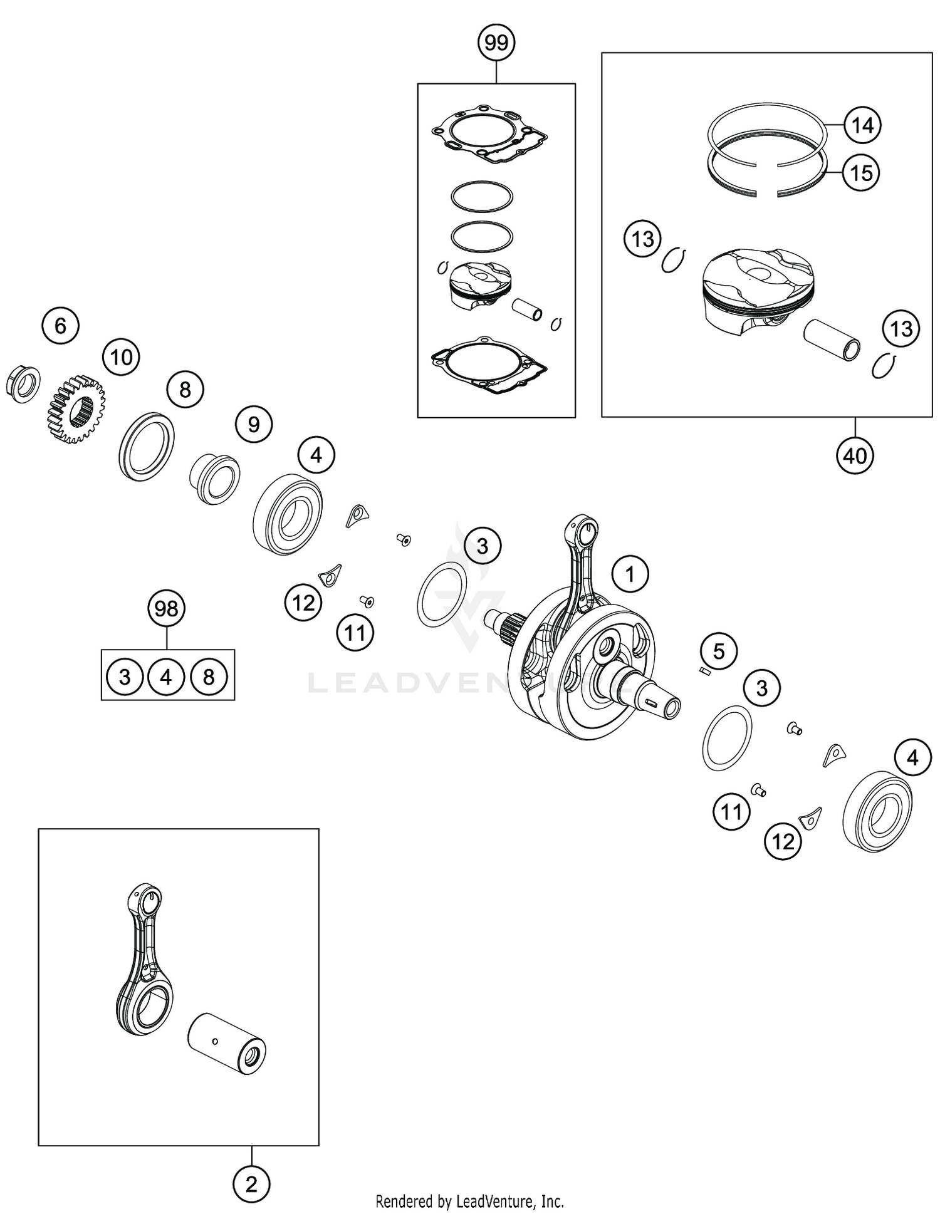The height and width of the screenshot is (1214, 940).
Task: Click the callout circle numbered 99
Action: [x=496, y=43]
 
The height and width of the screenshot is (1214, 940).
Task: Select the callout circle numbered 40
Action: [x=855, y=455]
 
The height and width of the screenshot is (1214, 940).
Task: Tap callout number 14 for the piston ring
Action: [x=862, y=125]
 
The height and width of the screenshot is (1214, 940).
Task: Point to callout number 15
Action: [x=861, y=172]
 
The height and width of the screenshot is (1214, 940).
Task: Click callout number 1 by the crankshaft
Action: [x=630, y=574]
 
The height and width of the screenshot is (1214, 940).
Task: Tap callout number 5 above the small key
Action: [x=718, y=651]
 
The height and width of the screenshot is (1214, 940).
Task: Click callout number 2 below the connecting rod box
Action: [x=251, y=1184]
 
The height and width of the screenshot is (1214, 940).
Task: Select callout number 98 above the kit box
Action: [x=166, y=608]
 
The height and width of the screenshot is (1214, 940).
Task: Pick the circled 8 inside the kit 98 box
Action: [x=209, y=677]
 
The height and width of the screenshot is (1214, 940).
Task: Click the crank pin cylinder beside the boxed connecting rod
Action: [x=227, y=1043]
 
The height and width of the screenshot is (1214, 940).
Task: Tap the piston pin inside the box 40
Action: [x=832, y=340]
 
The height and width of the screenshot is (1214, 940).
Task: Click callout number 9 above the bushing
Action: [x=253, y=425]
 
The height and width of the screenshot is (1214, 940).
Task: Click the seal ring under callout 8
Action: [x=147, y=446]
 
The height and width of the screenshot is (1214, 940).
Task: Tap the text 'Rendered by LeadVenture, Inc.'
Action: [x=469, y=1201]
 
